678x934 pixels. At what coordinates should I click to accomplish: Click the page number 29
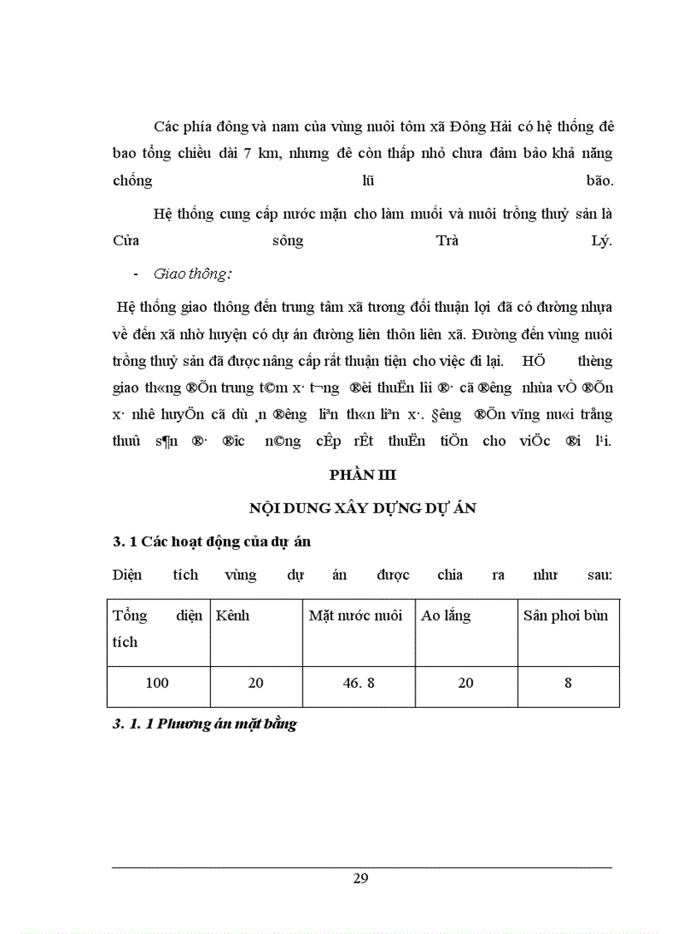click(361, 879)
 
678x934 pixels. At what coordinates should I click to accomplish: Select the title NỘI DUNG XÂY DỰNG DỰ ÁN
click(363, 508)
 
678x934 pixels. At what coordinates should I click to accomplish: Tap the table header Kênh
click(232, 615)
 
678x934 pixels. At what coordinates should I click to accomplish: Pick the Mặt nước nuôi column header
click(356, 615)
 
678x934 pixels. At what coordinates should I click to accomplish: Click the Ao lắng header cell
click(446, 615)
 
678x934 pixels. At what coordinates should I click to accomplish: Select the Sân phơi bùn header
click(566, 615)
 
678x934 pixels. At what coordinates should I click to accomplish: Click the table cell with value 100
click(157, 683)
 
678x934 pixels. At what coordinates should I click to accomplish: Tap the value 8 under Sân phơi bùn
click(568, 683)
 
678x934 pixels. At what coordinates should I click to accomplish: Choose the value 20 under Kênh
click(256, 683)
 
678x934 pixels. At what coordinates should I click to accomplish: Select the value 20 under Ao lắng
click(465, 683)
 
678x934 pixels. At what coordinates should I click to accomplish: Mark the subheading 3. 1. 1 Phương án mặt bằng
click(204, 724)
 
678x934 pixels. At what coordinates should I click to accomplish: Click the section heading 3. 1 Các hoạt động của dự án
click(211, 541)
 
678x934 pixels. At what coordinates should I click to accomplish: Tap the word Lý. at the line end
click(597, 241)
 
